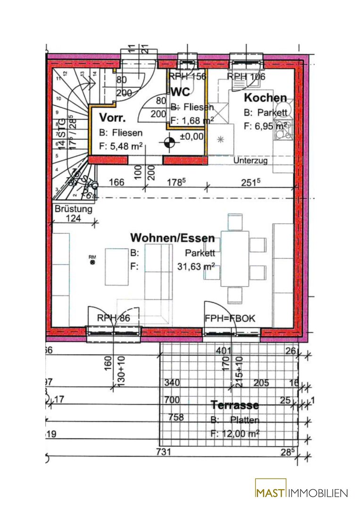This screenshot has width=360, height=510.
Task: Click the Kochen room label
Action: coord(265,98)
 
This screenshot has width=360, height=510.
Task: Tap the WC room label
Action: coord(181,92)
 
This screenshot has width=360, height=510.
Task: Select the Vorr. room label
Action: coord(113,118)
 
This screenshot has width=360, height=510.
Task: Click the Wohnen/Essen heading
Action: coord(172,238)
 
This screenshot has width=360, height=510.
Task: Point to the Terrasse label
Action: coord(234,405)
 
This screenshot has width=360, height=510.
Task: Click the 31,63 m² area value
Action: coord(196,267)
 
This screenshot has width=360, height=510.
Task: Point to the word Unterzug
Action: coord(251,161)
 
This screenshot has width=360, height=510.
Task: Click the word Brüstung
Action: coord(74,209)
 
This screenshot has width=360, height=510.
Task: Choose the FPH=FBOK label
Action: coord(230,318)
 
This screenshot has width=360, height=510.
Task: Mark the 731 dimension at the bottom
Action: coord(163,452)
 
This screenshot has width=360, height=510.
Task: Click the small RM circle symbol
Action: coord(92,262)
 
